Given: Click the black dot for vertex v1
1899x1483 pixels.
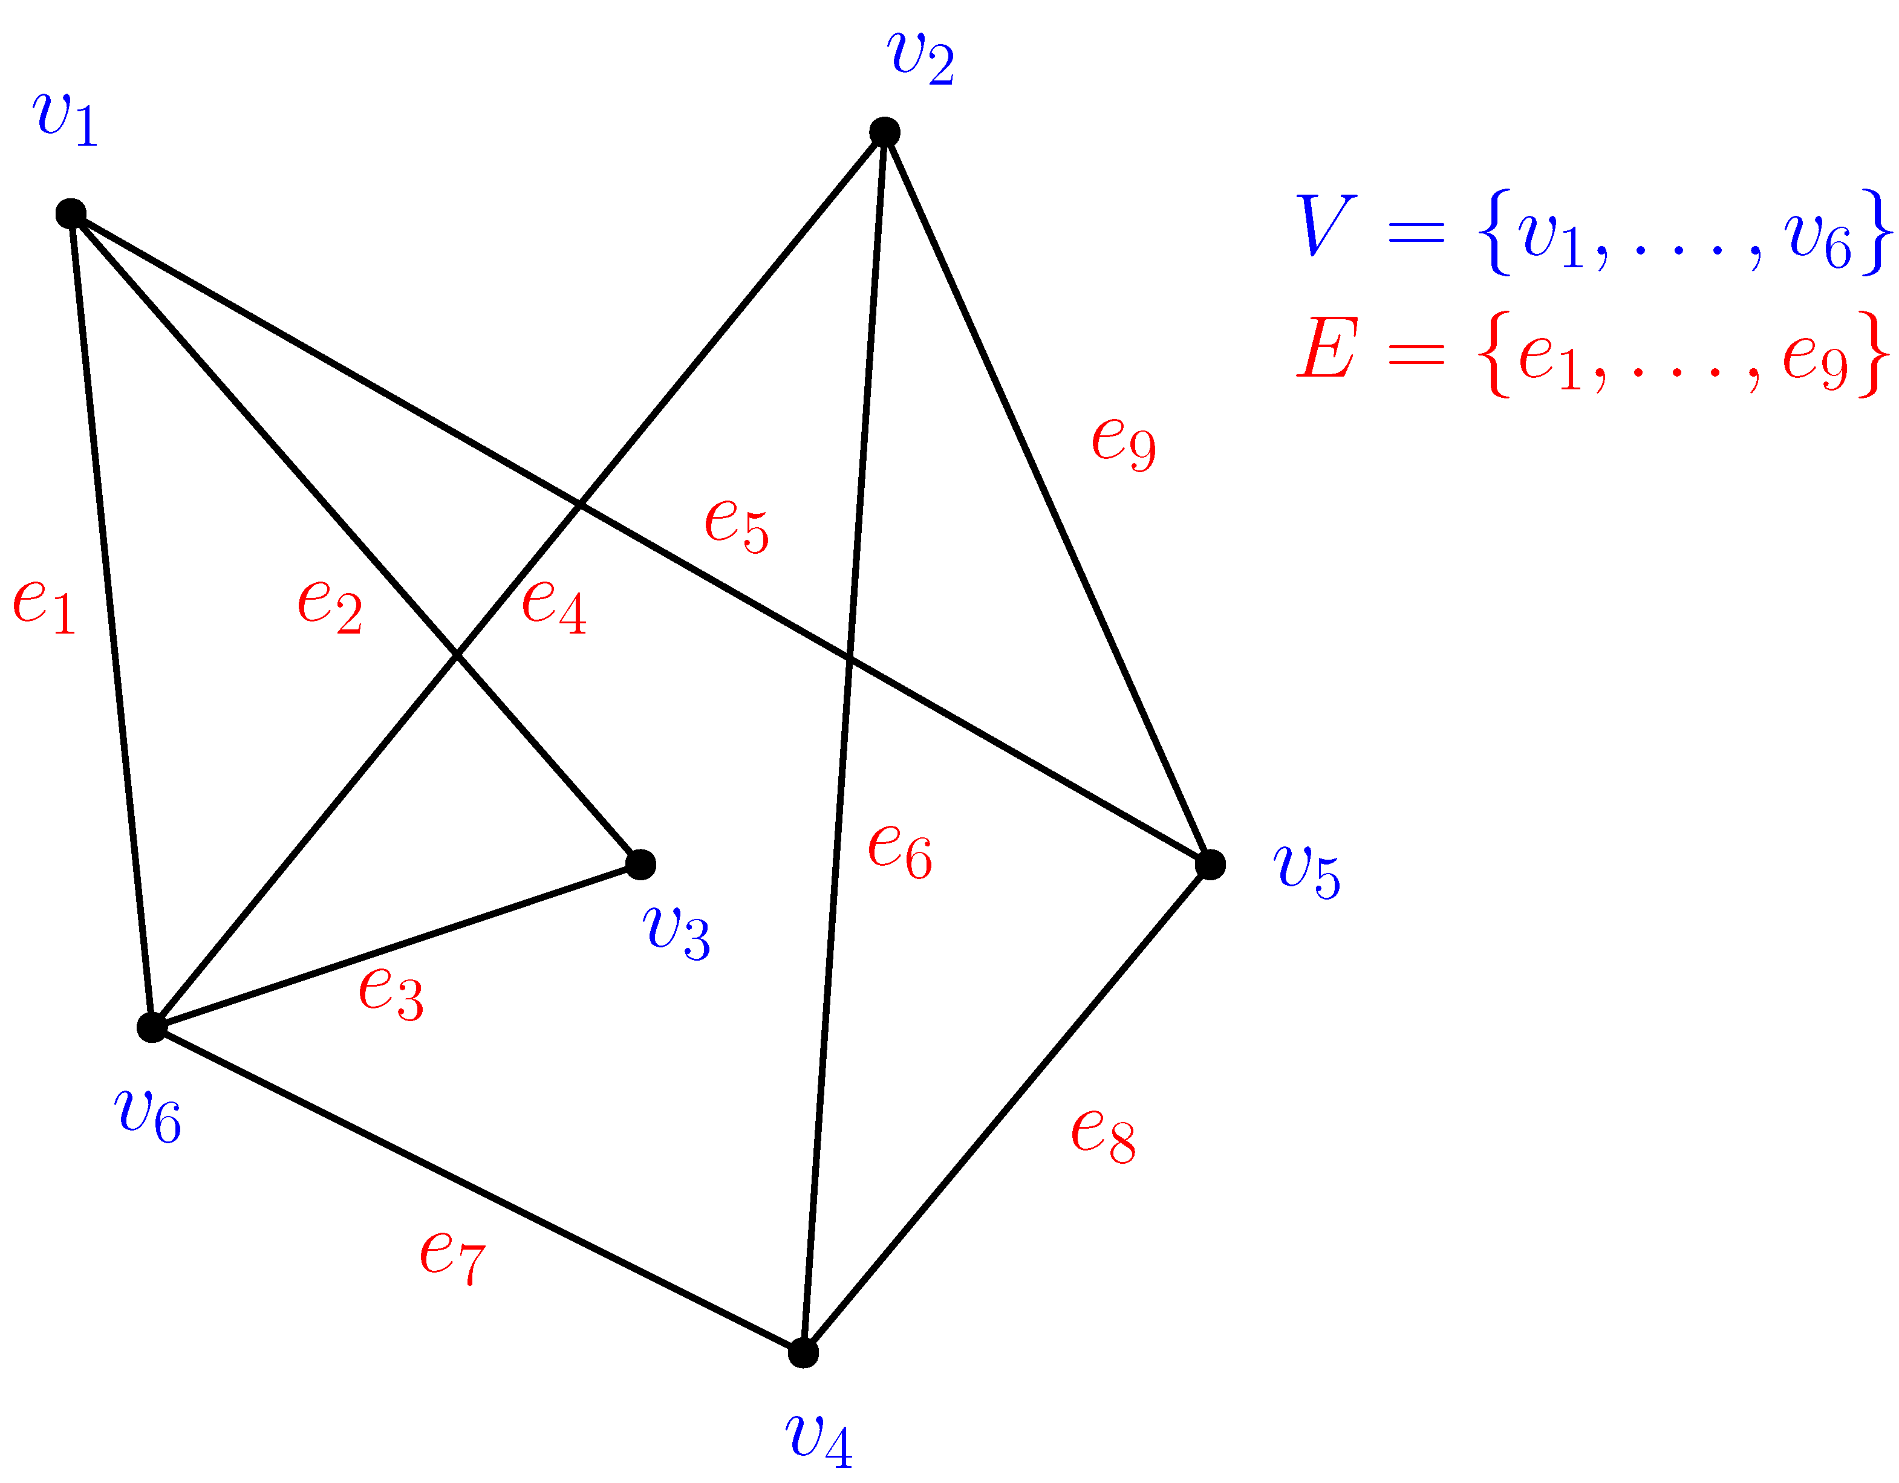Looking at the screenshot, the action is (x=70, y=213).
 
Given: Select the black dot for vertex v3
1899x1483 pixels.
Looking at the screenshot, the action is (x=641, y=864).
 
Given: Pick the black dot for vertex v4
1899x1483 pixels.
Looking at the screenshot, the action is (x=803, y=1352).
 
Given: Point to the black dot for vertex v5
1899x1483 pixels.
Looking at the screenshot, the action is (x=1210, y=864).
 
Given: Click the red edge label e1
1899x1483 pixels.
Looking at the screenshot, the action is (x=44, y=606).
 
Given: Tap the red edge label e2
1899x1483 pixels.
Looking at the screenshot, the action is (x=330, y=606).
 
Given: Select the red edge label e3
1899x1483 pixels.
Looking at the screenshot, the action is (x=391, y=993).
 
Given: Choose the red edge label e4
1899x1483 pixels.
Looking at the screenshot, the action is (x=554, y=606).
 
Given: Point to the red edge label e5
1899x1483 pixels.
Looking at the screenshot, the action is (x=737, y=525).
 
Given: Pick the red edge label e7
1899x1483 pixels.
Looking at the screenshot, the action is (x=452, y=1257).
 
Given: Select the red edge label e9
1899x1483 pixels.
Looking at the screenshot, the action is (x=1124, y=443).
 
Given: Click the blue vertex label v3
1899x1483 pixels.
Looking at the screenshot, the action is (x=677, y=932).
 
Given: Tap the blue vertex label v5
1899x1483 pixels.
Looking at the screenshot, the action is (x=1307, y=871).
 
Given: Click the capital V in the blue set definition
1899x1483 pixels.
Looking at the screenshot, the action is (x=1325, y=225).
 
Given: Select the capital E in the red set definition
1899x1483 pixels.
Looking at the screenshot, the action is (x=1327, y=348).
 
